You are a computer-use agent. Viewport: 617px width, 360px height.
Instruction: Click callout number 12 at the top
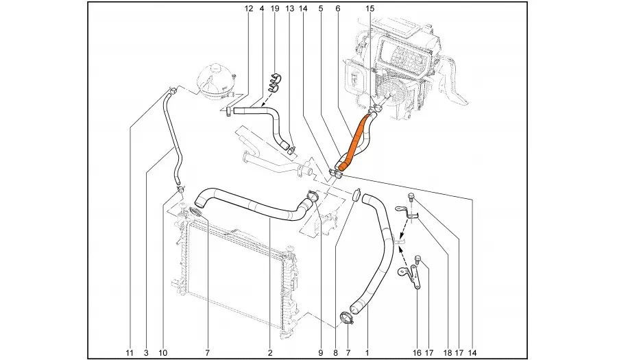click(249, 9)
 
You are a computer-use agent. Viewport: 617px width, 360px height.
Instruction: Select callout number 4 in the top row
click(262, 9)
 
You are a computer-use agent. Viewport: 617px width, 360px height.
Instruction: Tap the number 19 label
click(275, 9)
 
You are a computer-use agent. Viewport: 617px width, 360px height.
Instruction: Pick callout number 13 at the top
click(289, 9)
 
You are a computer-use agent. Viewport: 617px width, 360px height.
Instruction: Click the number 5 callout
click(321, 9)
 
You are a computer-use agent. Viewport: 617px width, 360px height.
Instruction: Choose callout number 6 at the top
click(338, 9)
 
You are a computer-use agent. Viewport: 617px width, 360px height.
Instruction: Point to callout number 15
click(370, 9)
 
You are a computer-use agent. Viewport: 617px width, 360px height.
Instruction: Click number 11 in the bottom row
click(130, 353)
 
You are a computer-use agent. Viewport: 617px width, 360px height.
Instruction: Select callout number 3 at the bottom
click(146, 353)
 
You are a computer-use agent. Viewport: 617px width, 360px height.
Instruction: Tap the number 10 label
click(162, 353)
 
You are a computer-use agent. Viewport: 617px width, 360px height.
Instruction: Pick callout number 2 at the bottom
click(270, 353)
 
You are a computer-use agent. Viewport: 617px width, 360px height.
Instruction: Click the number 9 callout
click(320, 353)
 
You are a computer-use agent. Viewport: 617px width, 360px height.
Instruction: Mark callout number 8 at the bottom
click(335, 353)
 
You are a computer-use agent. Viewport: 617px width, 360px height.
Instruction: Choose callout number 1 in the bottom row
click(367, 353)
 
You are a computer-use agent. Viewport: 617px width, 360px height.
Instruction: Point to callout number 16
click(415, 353)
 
